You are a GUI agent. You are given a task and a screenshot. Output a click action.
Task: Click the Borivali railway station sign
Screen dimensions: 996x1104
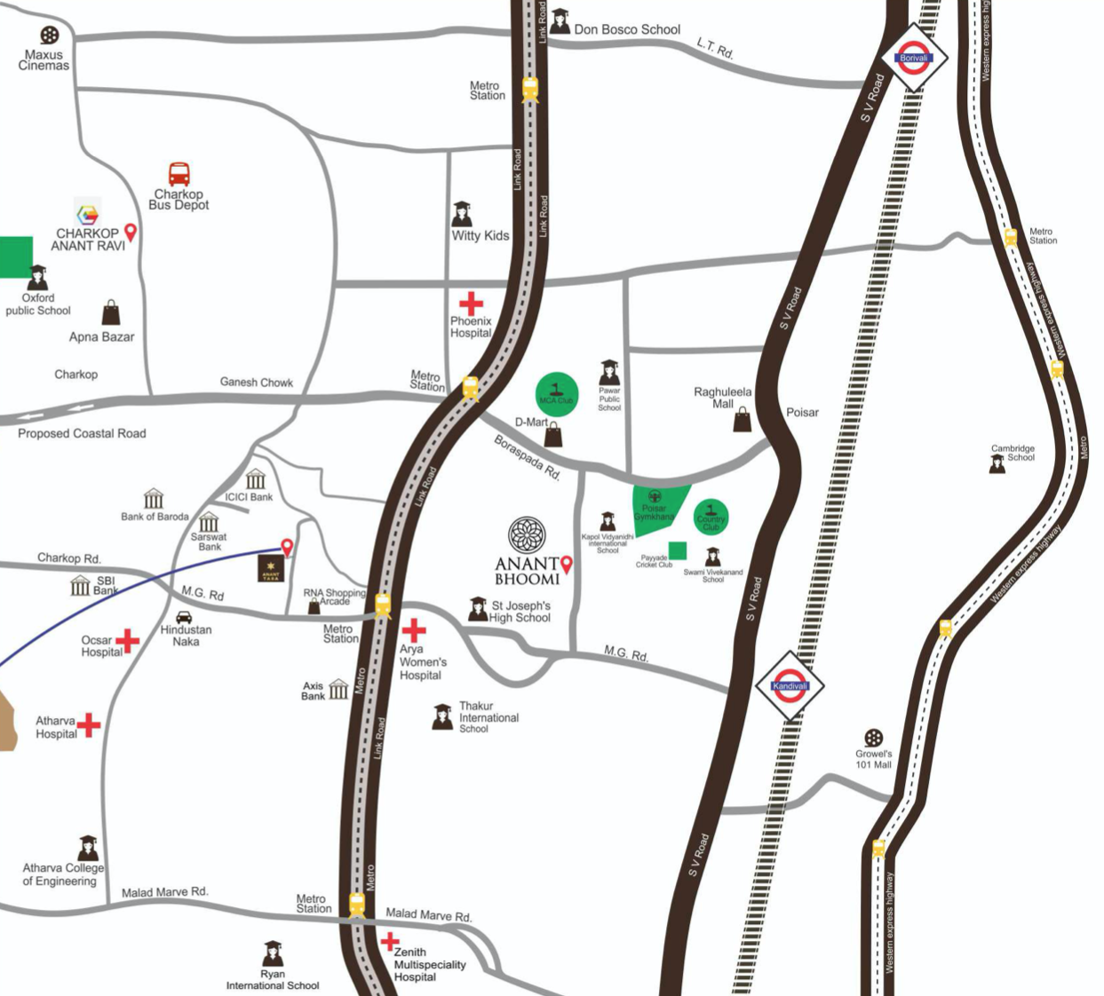coord(914,58)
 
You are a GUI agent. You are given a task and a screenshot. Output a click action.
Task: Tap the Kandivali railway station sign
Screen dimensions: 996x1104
coord(790,685)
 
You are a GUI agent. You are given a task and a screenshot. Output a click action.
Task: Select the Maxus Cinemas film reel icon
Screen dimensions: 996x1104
coord(50,36)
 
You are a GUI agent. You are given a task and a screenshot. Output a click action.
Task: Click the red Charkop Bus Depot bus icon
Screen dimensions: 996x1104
coord(179,174)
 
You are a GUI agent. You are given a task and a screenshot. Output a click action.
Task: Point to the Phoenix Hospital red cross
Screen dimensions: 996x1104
coord(471,304)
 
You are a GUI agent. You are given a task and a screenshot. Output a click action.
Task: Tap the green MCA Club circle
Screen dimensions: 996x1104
coord(557,394)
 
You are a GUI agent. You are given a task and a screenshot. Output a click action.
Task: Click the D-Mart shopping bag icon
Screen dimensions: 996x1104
coord(553,435)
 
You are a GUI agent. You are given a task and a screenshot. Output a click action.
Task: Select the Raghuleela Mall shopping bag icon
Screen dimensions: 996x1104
coord(743,420)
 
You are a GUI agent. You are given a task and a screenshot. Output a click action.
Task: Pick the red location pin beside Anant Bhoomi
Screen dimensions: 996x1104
coord(567,564)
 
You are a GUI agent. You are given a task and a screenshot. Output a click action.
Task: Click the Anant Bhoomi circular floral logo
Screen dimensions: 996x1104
coord(527,535)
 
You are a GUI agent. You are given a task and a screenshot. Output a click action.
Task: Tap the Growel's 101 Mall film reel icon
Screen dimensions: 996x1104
coord(874,738)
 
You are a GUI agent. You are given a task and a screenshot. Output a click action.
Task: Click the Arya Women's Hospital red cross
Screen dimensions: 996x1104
coord(414,630)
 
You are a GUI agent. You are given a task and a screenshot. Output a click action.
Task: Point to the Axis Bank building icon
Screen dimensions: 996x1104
coord(338,690)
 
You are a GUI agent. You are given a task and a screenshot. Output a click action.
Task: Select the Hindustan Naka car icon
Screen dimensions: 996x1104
coord(184,617)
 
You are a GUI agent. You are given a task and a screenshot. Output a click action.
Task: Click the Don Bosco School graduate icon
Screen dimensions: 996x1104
coord(560,21)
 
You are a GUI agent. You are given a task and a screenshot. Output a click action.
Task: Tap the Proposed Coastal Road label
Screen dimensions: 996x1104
coord(82,433)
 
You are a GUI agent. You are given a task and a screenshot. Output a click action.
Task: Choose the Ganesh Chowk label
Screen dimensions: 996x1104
coord(256,383)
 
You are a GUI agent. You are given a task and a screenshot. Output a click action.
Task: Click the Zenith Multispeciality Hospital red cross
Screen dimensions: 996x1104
coord(389,941)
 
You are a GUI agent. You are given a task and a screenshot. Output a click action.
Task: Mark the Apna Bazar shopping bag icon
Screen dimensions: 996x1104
coord(111,312)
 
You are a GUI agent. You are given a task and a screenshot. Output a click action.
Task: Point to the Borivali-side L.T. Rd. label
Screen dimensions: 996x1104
coord(715,49)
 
